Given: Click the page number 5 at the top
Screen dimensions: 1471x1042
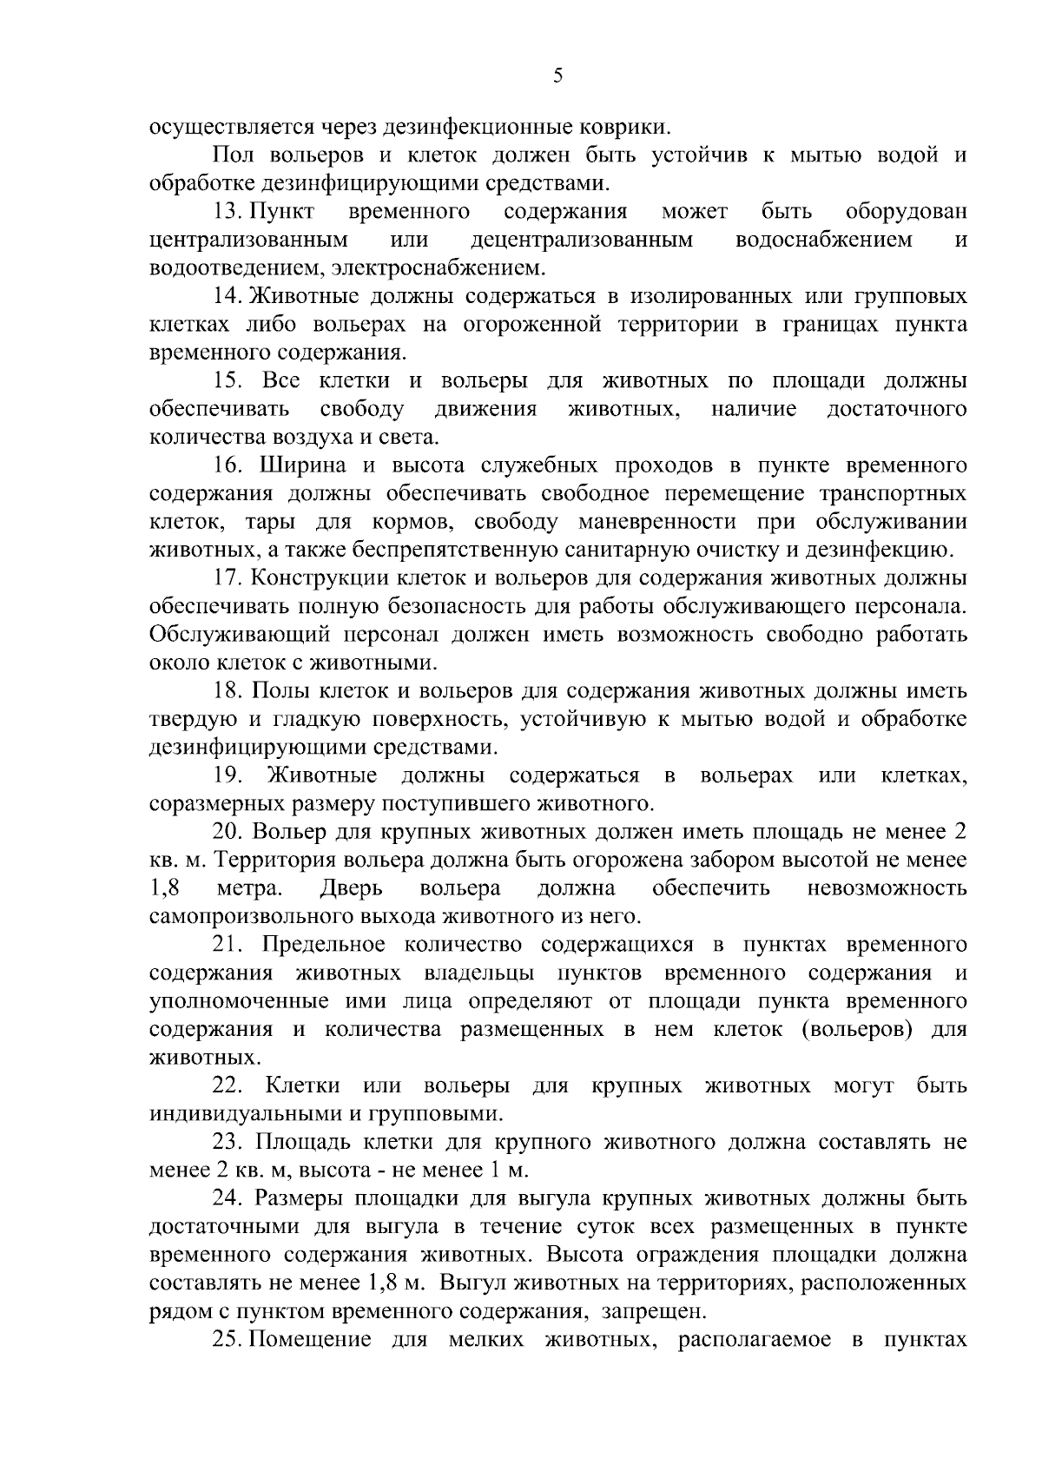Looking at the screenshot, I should (557, 76).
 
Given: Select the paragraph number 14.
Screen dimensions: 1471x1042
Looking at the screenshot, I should (230, 296).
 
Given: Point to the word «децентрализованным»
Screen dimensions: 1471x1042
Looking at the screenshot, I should (582, 240).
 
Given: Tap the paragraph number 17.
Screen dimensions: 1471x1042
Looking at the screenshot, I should (230, 578).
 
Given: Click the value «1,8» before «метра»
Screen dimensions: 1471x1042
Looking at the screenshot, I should (164, 888).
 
